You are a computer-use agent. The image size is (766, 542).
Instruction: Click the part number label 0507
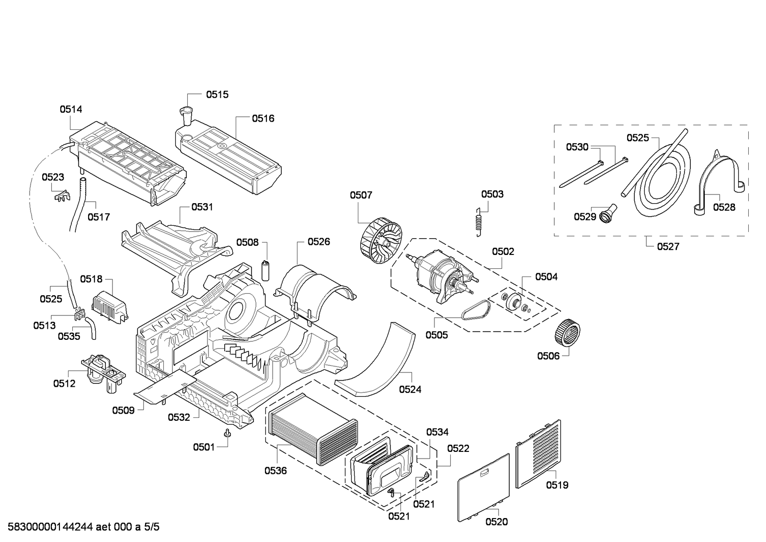click(361, 195)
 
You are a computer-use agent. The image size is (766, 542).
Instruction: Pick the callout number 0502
click(503, 251)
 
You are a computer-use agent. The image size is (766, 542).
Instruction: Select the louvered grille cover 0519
click(538, 453)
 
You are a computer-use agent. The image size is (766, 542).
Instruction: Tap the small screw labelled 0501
click(228, 433)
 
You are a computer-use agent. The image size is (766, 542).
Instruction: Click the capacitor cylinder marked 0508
click(265, 270)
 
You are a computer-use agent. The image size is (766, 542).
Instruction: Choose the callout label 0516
click(263, 118)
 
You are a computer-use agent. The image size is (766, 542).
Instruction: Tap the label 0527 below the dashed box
click(668, 246)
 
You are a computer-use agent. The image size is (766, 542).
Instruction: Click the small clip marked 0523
click(60, 196)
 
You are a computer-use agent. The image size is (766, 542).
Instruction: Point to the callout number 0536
click(275, 471)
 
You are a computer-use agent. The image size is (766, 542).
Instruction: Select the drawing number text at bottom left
click(80, 528)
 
